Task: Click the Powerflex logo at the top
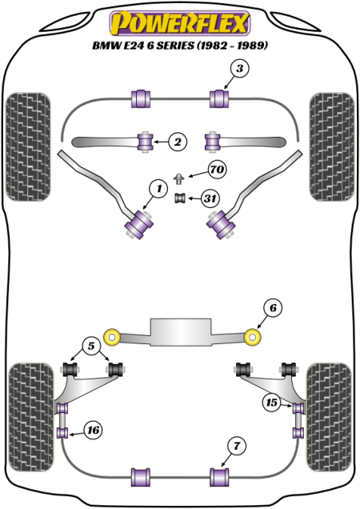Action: [179, 19]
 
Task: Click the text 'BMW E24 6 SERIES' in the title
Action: [139, 46]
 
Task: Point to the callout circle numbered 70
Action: [216, 170]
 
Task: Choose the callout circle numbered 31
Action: [210, 198]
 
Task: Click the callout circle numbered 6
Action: [271, 308]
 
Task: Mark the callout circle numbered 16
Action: [93, 431]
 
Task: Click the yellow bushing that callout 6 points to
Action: [255, 338]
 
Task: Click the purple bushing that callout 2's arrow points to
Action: [146, 142]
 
